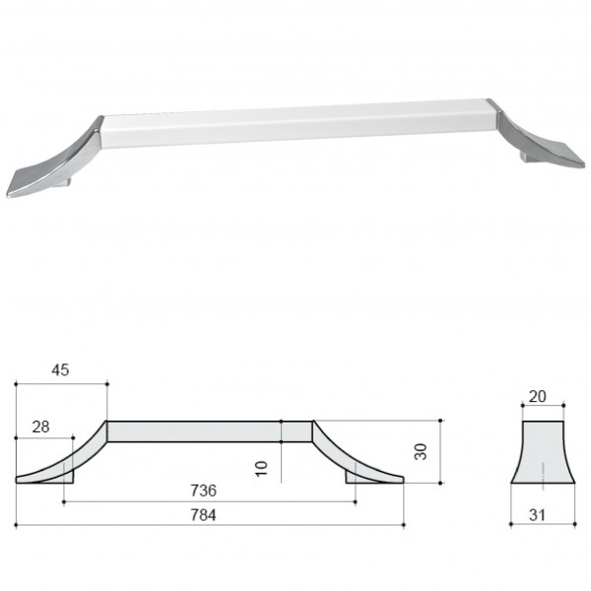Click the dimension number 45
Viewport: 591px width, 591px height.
[60, 370]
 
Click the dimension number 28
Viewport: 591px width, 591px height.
[40, 427]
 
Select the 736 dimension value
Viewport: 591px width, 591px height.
[204, 491]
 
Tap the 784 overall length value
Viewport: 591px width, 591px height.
[204, 514]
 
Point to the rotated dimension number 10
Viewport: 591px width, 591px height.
[261, 469]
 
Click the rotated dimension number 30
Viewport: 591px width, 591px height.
[421, 451]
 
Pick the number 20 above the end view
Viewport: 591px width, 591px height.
[537, 397]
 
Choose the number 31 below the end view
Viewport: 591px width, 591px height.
[537, 515]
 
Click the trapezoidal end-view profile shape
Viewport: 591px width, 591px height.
[543, 452]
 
